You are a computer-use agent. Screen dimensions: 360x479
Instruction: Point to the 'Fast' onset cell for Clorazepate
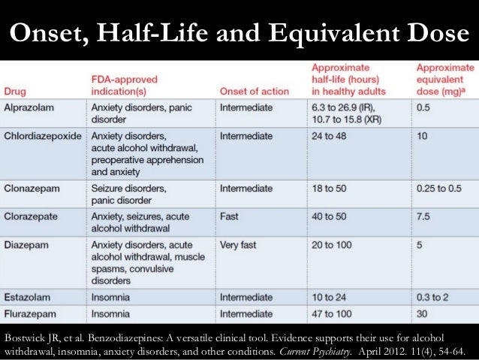tap(230, 216)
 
